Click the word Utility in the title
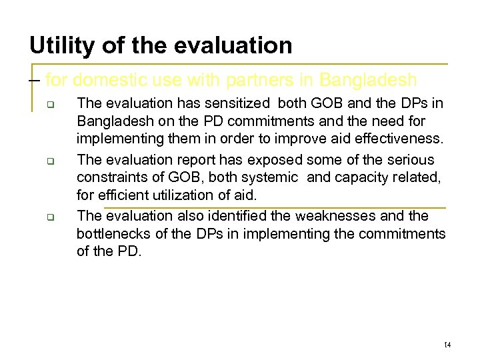tap(63, 45)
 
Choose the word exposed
tap(277, 160)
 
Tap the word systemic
tap(268, 177)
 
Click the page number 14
tap(447, 345)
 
